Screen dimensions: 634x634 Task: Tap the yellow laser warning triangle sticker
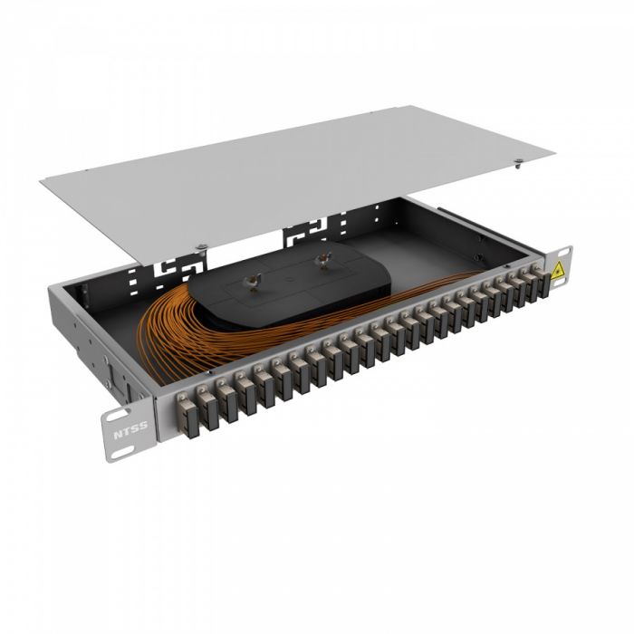coord(559,268)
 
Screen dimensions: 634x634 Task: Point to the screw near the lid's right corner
coord(517,164)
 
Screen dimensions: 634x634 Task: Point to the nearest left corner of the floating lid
coord(41,184)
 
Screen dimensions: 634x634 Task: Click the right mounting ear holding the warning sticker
coord(561,267)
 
